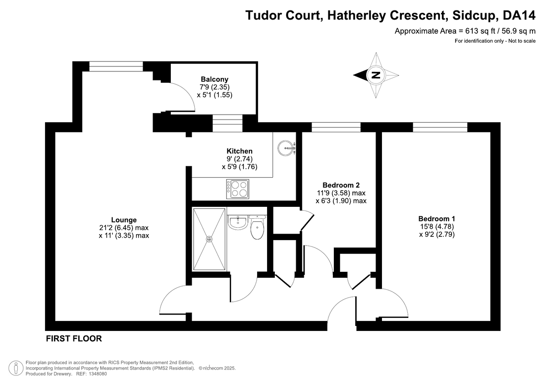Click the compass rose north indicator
click(376, 75)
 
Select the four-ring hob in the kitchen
click(237, 188)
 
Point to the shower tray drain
click(209, 239)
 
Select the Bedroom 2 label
click(341, 185)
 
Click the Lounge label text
click(124, 220)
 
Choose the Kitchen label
click(239, 151)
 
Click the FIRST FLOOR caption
click(74, 339)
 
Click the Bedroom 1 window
click(440, 127)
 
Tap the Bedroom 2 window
click(336, 127)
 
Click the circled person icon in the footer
click(16, 367)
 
